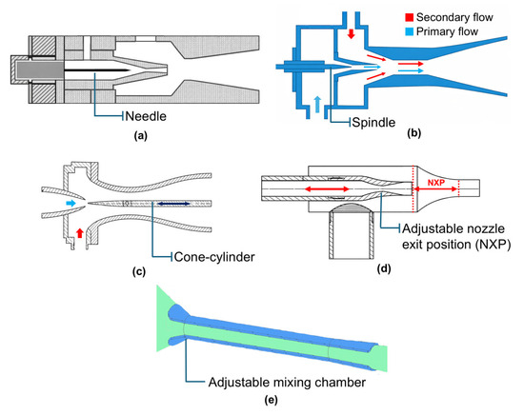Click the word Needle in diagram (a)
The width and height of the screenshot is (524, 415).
click(x=146, y=116)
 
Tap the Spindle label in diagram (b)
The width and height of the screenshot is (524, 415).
click(x=373, y=122)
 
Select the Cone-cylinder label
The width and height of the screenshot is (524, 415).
click(x=214, y=257)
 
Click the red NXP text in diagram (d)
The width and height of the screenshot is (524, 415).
click(x=436, y=183)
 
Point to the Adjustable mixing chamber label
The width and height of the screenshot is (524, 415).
click(x=287, y=383)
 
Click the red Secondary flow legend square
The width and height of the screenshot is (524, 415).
click(x=409, y=17)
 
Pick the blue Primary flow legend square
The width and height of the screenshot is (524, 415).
click(x=409, y=31)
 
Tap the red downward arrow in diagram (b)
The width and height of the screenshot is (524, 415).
click(x=351, y=33)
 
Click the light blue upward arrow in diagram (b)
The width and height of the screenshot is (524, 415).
click(x=317, y=104)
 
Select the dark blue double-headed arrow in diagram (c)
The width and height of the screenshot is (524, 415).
click(x=173, y=204)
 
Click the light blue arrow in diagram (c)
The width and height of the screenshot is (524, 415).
click(x=71, y=203)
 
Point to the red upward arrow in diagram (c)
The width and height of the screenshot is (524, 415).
click(x=79, y=232)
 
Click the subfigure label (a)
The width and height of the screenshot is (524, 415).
click(x=140, y=135)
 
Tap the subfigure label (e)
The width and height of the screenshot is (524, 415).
click(x=271, y=400)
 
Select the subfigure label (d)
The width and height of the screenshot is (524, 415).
click(x=384, y=268)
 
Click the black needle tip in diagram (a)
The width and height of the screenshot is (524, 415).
click(x=129, y=70)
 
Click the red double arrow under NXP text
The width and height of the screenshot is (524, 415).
click(x=435, y=189)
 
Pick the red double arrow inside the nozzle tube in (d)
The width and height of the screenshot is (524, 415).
click(x=327, y=189)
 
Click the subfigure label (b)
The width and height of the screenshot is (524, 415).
click(x=414, y=133)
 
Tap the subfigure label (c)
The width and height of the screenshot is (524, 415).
click(x=139, y=272)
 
